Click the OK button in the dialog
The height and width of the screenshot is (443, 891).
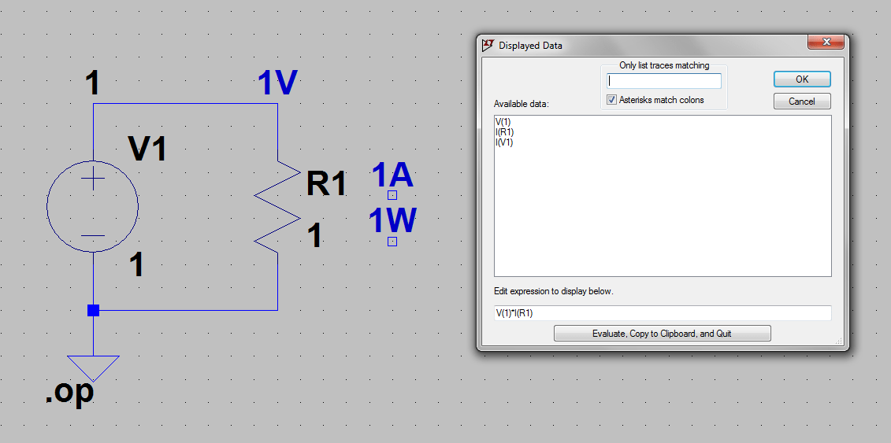pyautogui.click(x=801, y=79)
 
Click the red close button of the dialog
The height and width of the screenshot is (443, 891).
pyautogui.click(x=826, y=42)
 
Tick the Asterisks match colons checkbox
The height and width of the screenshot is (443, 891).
pyautogui.click(x=612, y=100)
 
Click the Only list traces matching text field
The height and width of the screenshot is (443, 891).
pyautogui.click(x=664, y=81)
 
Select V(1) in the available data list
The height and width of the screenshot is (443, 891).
pyautogui.click(x=503, y=122)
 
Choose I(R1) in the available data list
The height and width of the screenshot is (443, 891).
pyautogui.click(x=504, y=132)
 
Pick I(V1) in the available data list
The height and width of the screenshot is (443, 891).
pyautogui.click(x=504, y=142)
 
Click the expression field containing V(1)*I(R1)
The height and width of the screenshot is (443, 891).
pyautogui.click(x=662, y=313)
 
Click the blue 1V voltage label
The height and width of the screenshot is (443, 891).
pyautogui.click(x=277, y=84)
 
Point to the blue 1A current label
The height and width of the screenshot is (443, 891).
pyautogui.click(x=392, y=175)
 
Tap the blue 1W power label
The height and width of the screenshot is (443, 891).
pyautogui.click(x=392, y=222)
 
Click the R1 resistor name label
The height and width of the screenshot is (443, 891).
pyautogui.click(x=326, y=184)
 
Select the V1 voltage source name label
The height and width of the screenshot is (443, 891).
pyautogui.click(x=147, y=148)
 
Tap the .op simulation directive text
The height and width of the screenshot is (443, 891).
pyautogui.click(x=69, y=393)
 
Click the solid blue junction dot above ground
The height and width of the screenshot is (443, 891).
pyautogui.click(x=93, y=310)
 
